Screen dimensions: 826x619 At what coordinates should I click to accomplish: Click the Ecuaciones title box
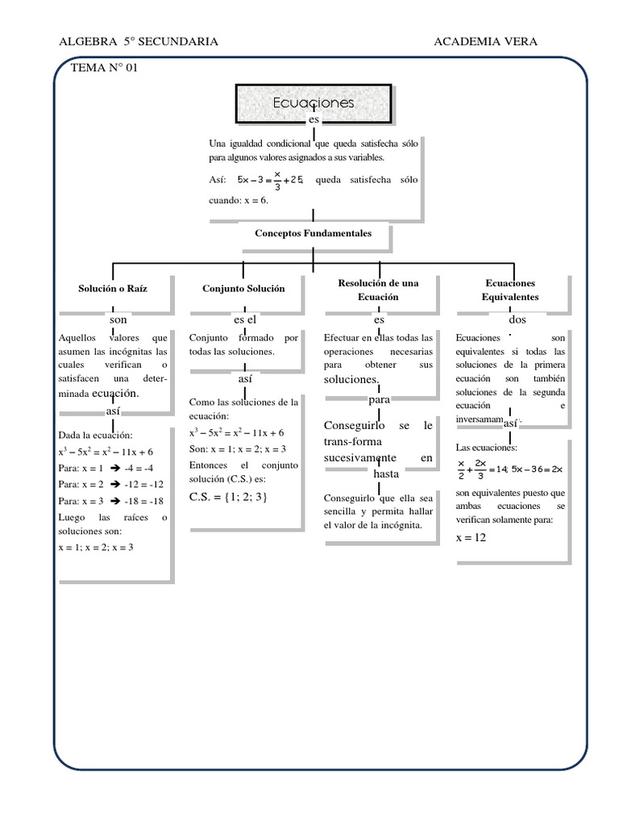point(314,104)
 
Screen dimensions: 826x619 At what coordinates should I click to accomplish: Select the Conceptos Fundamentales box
point(314,233)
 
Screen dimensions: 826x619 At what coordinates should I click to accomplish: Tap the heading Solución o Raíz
point(113,288)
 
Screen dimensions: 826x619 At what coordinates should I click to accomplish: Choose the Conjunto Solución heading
point(243,288)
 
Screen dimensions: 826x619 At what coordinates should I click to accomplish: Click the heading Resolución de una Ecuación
point(379,290)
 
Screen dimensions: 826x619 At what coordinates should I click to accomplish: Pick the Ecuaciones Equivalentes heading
point(510,290)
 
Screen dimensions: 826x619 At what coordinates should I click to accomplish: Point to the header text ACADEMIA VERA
point(485,42)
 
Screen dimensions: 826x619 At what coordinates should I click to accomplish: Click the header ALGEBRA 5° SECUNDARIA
point(139,42)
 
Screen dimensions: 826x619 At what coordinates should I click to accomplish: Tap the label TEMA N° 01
point(105,68)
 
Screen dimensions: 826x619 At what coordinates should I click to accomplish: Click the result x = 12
point(472,537)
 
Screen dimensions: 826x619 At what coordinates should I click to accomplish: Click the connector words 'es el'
point(245,320)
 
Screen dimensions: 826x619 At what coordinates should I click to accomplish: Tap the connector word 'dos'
point(517,320)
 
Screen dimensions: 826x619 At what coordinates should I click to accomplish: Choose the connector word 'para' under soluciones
point(379,399)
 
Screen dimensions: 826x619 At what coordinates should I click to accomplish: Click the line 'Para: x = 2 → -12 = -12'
point(112,484)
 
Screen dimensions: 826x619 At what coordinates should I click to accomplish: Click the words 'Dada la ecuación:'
point(95,435)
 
